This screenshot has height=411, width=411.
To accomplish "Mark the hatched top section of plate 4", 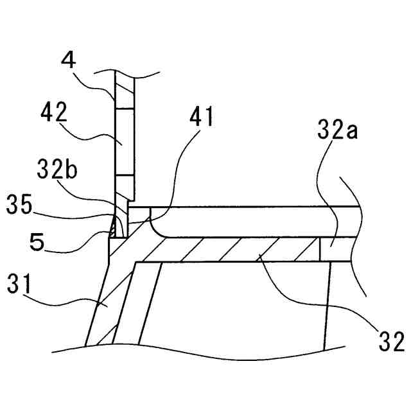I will click(x=125, y=90).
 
